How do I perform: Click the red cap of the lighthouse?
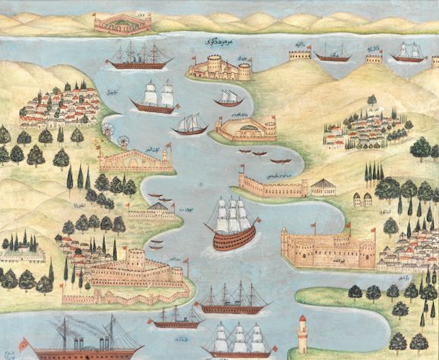point(303,318)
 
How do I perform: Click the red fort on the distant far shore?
point(122,22)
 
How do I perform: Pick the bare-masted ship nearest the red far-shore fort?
point(140,57)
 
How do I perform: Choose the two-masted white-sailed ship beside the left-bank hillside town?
point(154,98)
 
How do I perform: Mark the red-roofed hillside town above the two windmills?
point(59,104)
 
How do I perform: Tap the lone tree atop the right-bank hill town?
point(372,99)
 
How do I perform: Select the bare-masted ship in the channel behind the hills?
point(332,53)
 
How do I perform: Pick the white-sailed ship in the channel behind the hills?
point(409,52)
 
